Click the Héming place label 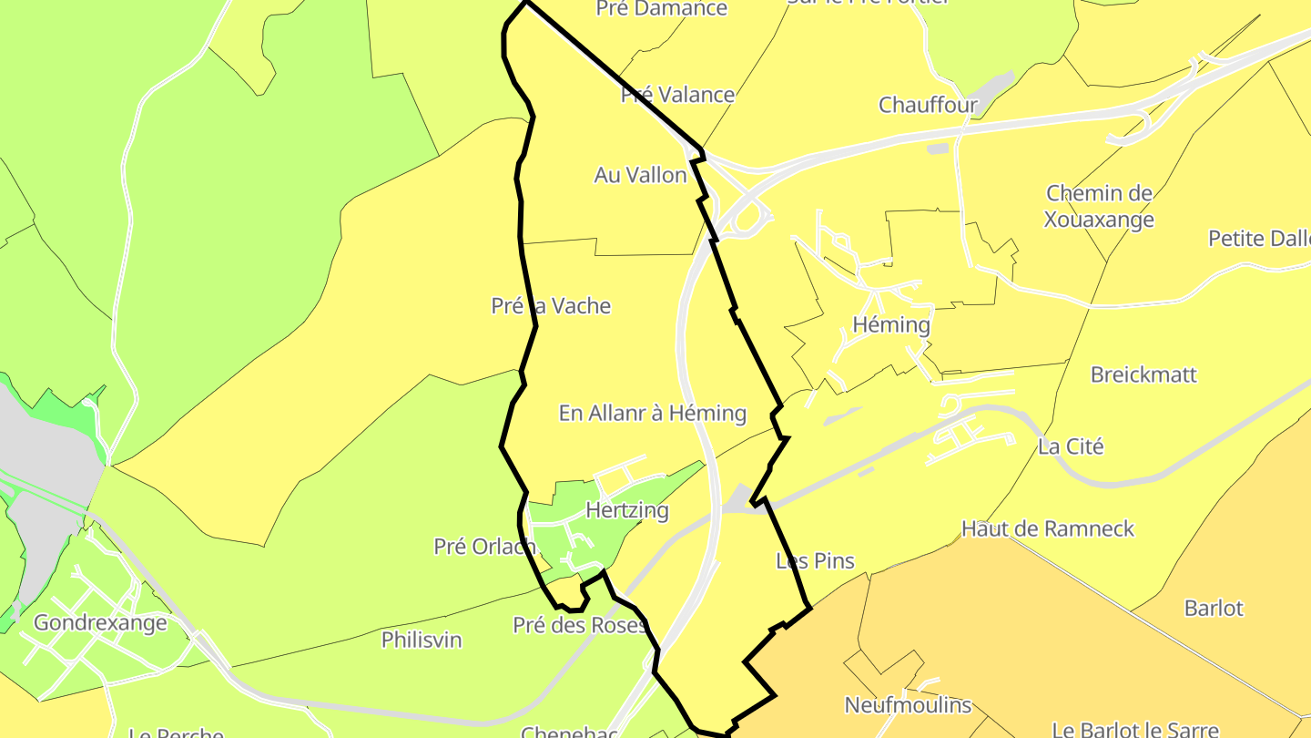coord(891,325)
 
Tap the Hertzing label coord(627,510)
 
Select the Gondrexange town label coord(100,623)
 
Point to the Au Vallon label coord(640,175)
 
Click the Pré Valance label coord(677,95)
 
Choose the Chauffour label coord(928,105)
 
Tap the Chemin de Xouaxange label coord(1099,207)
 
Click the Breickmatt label coord(1143,374)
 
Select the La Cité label coord(1071,446)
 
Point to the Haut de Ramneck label coord(1048,528)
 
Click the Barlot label coord(1214,608)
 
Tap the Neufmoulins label coord(908,705)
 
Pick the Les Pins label coord(815,561)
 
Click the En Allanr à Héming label coord(652,414)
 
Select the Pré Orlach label coord(484,547)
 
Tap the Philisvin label coord(422,640)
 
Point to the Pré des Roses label coord(579,625)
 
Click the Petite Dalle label coord(1259,239)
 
